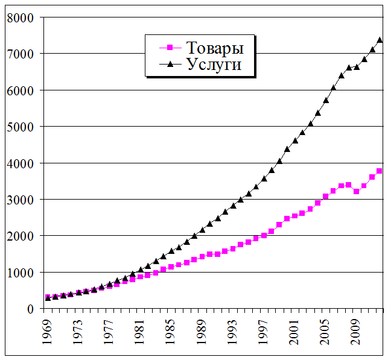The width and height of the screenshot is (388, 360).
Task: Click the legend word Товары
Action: pos(215,48)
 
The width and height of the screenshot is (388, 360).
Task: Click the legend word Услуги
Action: pos(214,65)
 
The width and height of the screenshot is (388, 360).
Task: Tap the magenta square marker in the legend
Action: pos(170,48)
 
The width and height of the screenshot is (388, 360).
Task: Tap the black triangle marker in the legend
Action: pos(170,64)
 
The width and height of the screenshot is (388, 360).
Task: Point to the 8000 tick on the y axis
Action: pos(25,17)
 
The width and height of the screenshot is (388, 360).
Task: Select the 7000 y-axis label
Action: pos(25,54)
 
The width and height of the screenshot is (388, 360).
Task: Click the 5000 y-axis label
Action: pos(25,127)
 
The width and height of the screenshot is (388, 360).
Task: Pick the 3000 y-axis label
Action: pos(25,200)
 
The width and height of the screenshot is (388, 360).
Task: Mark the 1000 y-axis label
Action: pos(25,273)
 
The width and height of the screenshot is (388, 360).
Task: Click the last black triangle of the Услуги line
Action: pos(380,40)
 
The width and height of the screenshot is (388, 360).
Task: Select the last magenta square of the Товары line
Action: pos(380,171)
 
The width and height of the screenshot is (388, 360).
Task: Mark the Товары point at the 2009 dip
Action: pos(356,191)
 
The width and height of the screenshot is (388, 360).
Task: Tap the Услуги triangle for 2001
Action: pos(294,141)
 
